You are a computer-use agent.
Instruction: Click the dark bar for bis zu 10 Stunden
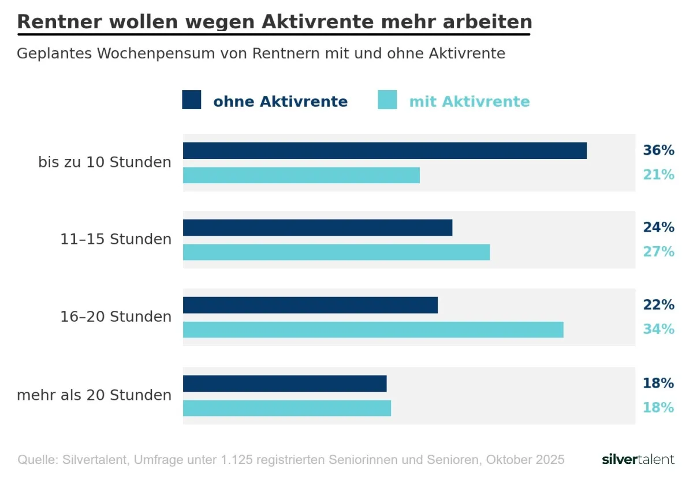click(385, 150)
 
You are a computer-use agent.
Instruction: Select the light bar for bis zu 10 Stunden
click(301, 175)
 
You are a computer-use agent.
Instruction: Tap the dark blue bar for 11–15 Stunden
click(318, 228)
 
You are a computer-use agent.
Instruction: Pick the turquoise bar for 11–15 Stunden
click(336, 252)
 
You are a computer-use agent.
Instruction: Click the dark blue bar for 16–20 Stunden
click(310, 305)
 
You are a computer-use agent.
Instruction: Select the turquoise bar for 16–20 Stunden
click(373, 329)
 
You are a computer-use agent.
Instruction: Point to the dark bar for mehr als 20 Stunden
click(285, 384)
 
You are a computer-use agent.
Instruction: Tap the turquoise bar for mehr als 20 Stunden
click(287, 408)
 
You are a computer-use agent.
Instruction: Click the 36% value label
click(658, 150)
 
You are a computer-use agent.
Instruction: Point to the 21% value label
click(658, 174)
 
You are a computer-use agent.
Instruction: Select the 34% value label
click(658, 329)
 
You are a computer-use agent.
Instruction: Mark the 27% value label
click(658, 252)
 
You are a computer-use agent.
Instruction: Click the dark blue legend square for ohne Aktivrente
click(192, 100)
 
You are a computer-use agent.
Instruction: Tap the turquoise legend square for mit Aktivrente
click(387, 100)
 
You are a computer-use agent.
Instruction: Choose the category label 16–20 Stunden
click(116, 317)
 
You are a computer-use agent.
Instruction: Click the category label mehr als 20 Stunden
click(94, 395)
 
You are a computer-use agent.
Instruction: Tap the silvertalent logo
click(638, 460)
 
